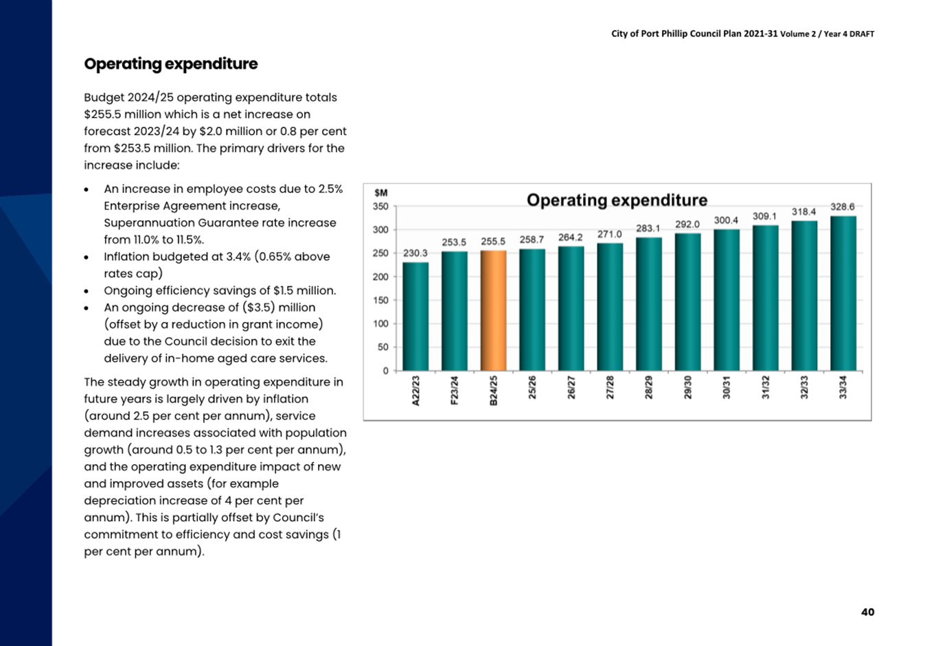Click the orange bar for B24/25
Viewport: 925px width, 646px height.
[493, 310]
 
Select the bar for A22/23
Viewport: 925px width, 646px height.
[415, 316]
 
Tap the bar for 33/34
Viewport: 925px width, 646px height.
[843, 293]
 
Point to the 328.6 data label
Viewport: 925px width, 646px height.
[843, 207]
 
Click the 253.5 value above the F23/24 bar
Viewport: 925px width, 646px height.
[454, 242]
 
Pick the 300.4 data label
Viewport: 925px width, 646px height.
[726, 220]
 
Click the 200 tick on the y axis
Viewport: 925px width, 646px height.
[380, 277]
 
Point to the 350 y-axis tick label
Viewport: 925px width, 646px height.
[380, 206]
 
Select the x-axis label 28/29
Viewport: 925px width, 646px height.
[649, 387]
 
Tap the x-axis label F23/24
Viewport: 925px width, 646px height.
[454, 390]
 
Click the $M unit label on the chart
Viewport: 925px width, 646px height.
[380, 193]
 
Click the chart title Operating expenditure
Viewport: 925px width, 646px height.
[617, 200]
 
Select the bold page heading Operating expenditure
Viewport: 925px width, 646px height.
[170, 64]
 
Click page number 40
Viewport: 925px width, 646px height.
[867, 612]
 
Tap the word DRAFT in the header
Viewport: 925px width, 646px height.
[862, 34]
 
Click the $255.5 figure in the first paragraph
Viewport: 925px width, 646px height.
[102, 115]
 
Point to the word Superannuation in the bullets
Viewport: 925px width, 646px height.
[149, 223]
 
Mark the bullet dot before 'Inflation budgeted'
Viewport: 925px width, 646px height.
[86, 257]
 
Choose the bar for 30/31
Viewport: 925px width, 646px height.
[727, 300]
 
